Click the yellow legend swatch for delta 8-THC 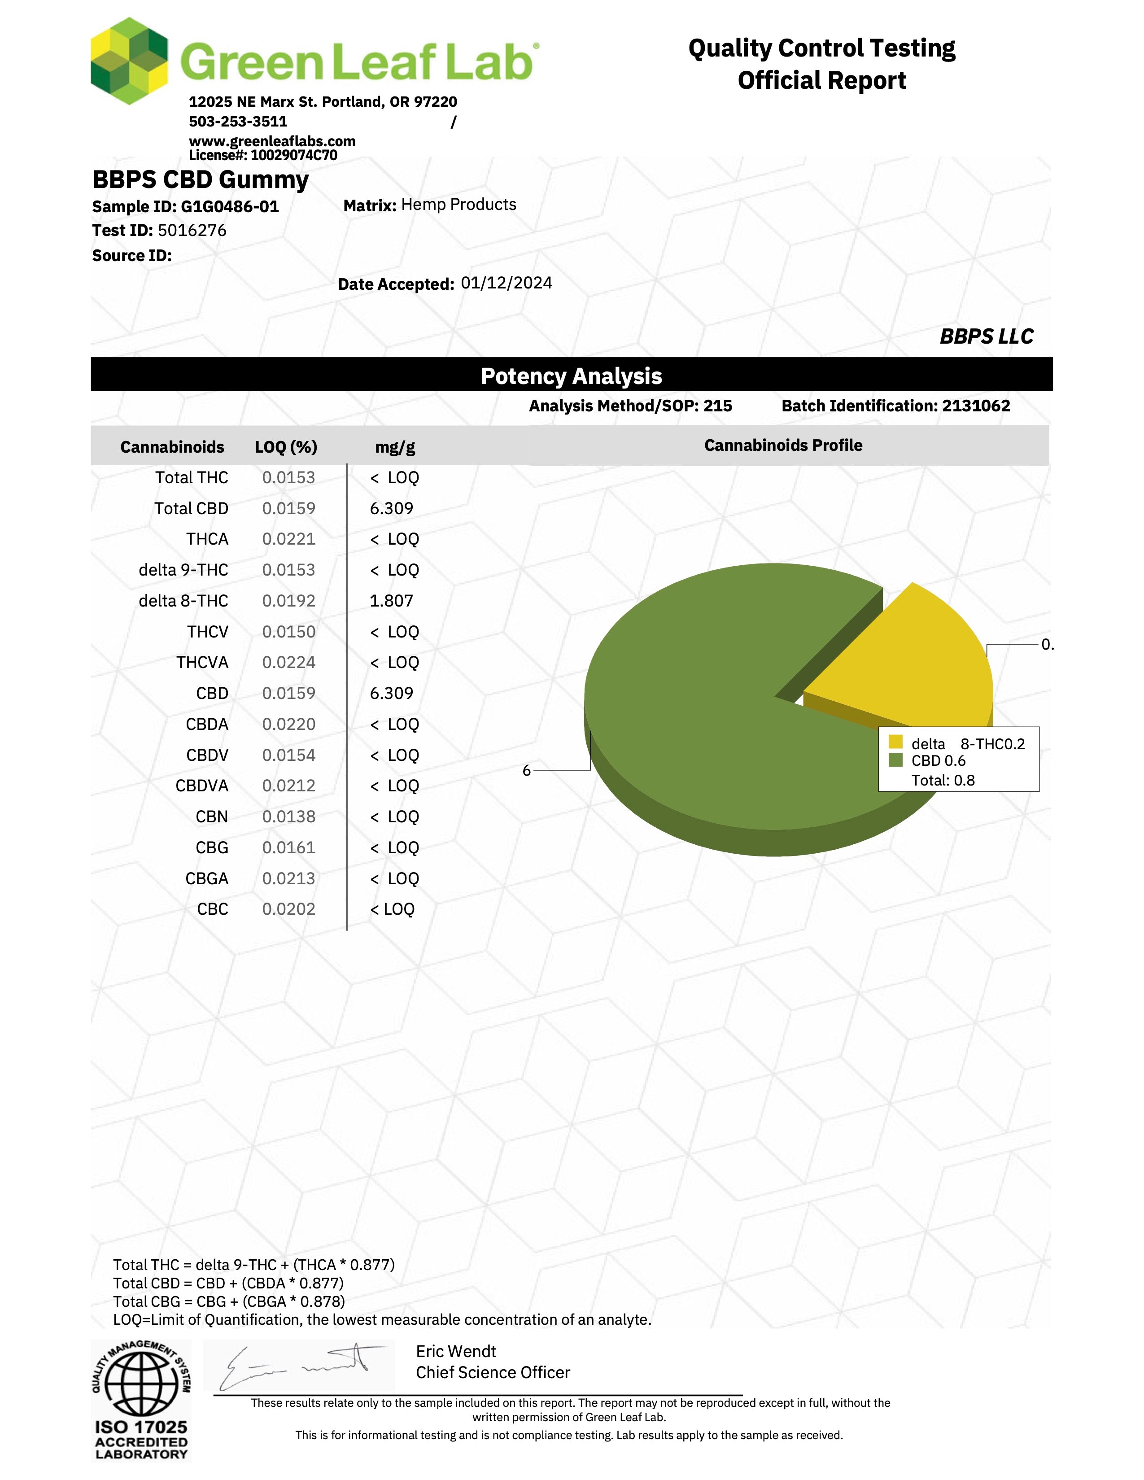[895, 742]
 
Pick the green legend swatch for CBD [895, 760]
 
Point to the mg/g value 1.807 [391, 601]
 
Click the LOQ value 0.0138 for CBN [289, 816]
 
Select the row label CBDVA [201, 786]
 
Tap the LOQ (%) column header [286, 447]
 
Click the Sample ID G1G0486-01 [230, 207]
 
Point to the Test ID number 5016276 [192, 231]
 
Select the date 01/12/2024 [506, 283]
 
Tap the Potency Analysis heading [571, 376]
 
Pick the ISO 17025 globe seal [141, 1382]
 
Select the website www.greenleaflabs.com [272, 141]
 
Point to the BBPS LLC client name [986, 337]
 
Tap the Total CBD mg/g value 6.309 [391, 508]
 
